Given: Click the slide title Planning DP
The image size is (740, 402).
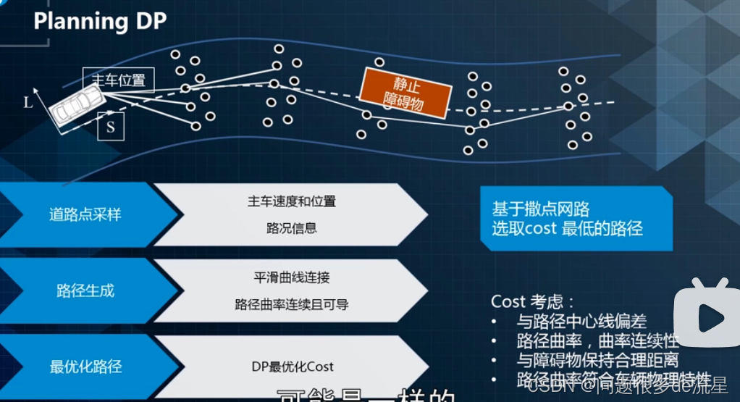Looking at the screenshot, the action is click(100, 21).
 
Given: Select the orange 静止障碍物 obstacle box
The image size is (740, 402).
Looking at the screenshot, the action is click(405, 93).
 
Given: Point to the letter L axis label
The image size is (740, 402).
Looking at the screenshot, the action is click(28, 102).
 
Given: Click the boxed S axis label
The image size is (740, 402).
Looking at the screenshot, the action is click(111, 127).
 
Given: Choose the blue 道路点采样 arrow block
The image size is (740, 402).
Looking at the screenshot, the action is click(85, 215).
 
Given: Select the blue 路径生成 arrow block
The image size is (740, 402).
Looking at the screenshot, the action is click(85, 291).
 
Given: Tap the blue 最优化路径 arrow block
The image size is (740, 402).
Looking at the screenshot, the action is click(85, 367).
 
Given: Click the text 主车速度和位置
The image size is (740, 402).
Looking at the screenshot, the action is click(292, 201).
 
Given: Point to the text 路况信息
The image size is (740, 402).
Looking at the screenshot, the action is click(292, 228).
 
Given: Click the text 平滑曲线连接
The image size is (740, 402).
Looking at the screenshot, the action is click(292, 277).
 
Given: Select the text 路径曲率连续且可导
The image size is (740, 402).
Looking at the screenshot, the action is click(292, 304).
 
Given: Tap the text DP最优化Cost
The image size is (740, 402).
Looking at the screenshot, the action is click(292, 367).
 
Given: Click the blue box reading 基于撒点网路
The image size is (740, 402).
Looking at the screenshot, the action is click(576, 219).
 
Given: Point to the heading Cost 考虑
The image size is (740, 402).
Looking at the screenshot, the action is click(533, 301).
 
